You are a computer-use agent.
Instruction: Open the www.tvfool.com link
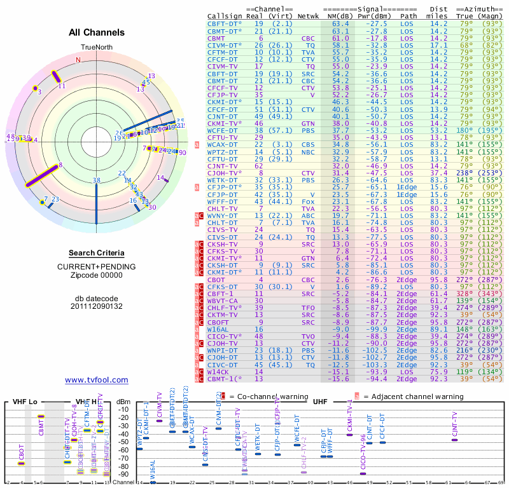click(97, 380)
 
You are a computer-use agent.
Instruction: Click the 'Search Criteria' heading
click(97, 253)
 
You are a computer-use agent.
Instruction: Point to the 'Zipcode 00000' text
click(97, 275)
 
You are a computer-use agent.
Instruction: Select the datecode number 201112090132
click(97, 306)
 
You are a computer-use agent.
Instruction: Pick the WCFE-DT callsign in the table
click(223, 130)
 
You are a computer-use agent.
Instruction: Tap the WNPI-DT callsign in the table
click(223, 350)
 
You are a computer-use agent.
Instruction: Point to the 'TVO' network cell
click(310, 336)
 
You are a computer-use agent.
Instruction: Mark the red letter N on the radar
click(78, 60)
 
